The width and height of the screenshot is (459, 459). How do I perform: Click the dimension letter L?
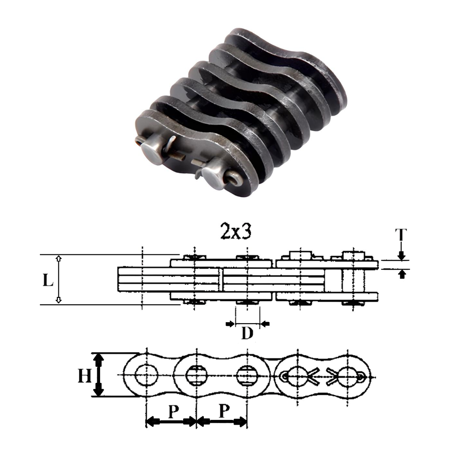tap(47, 280)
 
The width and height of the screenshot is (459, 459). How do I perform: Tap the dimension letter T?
tap(401, 235)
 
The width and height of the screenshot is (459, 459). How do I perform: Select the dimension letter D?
tap(247, 334)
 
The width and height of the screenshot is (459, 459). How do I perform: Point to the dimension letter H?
tap(84, 376)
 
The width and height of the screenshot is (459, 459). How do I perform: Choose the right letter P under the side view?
tap(224, 412)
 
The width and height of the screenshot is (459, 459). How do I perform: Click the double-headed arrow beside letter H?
tap(98, 375)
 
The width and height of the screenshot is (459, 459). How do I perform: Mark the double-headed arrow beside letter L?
tap(58, 280)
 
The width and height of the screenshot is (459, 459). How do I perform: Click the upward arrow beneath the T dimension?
tap(402, 274)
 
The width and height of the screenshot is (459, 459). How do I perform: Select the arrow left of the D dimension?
tap(230, 325)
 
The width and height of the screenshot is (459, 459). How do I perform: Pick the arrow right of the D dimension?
tap(265, 325)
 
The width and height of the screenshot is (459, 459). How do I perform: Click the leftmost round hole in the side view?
tap(146, 375)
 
